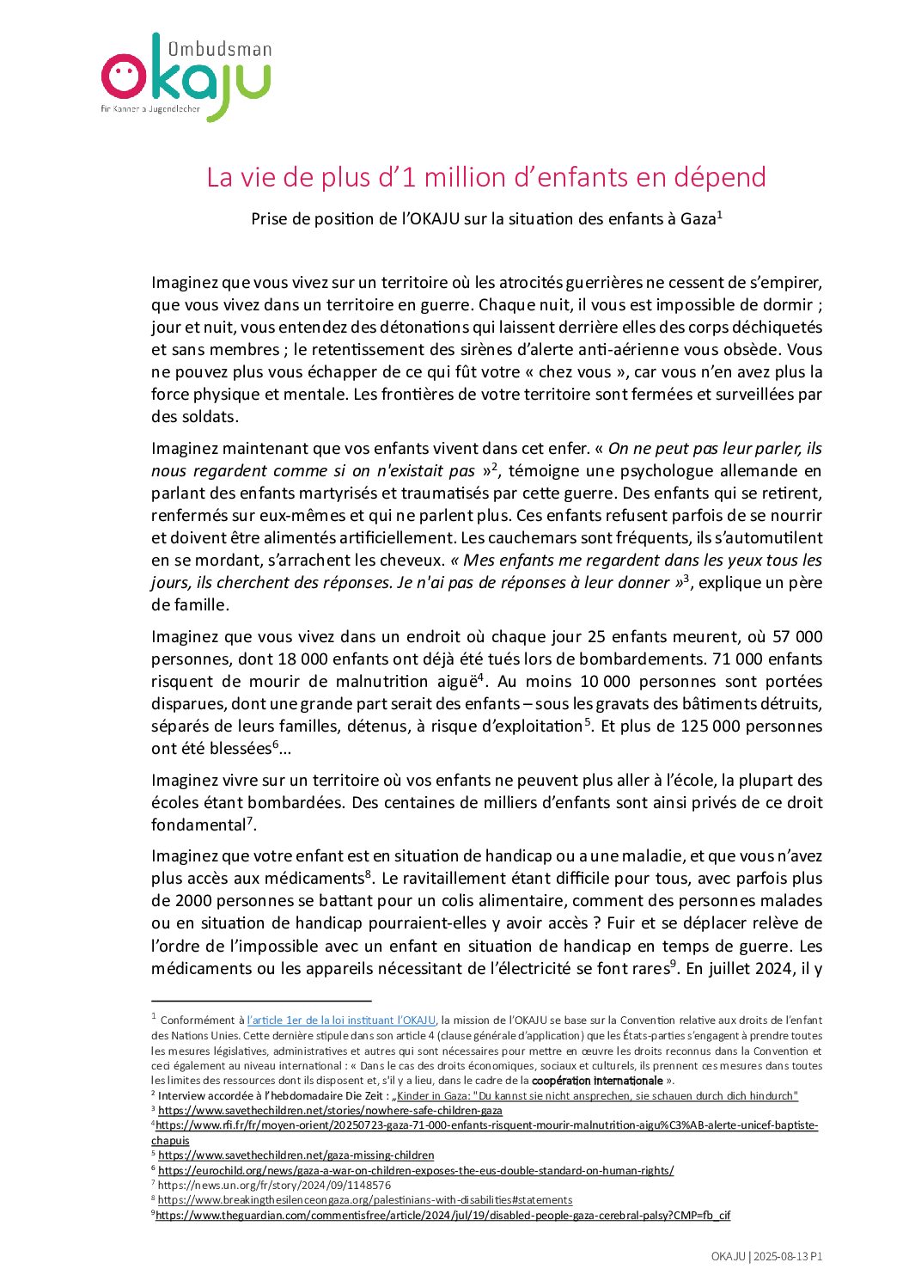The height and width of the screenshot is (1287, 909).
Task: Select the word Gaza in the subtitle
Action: [698, 219]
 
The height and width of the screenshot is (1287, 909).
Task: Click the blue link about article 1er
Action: [341, 1020]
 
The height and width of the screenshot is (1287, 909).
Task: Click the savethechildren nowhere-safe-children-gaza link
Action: [330, 1111]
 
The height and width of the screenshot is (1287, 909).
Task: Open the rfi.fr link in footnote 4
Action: [486, 1125]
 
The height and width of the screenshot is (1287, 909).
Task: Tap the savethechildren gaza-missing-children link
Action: [296, 1155]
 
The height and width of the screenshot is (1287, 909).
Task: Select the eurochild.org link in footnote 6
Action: [416, 1171]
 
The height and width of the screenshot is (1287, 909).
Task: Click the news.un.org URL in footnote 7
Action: [274, 1186]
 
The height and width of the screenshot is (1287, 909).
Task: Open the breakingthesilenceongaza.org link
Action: [365, 1200]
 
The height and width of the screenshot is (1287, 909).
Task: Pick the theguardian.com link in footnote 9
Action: [442, 1216]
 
